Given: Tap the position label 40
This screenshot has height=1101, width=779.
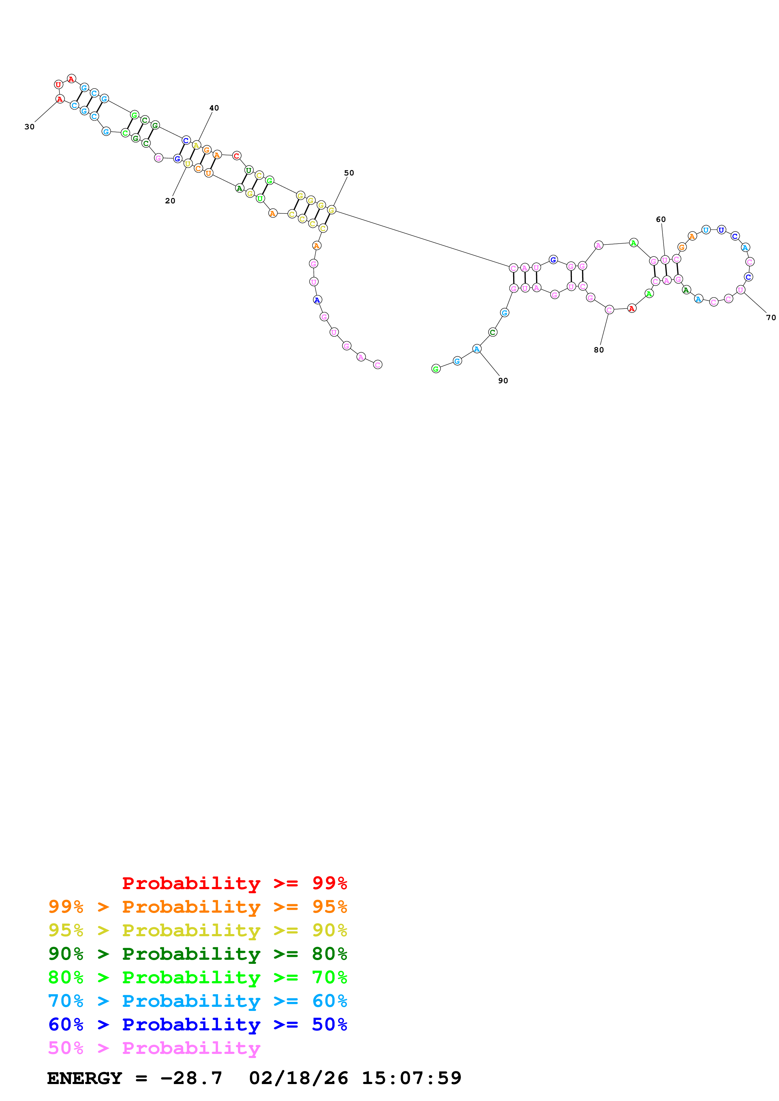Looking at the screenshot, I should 214,108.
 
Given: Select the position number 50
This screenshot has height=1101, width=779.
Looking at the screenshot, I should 349,173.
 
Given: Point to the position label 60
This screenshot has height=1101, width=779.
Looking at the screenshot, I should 661,220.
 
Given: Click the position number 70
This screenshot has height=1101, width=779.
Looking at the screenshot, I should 771,317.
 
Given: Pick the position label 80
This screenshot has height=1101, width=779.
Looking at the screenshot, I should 599,350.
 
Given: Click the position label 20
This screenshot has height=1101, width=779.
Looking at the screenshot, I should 170,201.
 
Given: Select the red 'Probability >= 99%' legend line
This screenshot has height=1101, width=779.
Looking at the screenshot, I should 234,883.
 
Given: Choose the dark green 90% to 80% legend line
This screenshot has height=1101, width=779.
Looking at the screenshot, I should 197,954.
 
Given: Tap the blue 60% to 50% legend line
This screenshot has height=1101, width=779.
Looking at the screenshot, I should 197,1024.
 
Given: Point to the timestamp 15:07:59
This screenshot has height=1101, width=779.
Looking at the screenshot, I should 411,1078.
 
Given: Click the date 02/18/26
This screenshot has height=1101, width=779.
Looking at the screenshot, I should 298,1078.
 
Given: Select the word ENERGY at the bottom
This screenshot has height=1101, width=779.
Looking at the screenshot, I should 85,1078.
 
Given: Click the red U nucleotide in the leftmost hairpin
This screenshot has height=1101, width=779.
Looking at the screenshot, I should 58,85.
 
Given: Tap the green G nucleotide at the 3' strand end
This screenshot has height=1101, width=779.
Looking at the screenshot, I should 436,369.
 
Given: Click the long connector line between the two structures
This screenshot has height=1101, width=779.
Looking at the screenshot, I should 422,238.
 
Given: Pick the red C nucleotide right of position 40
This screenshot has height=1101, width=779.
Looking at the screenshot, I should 237,156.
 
